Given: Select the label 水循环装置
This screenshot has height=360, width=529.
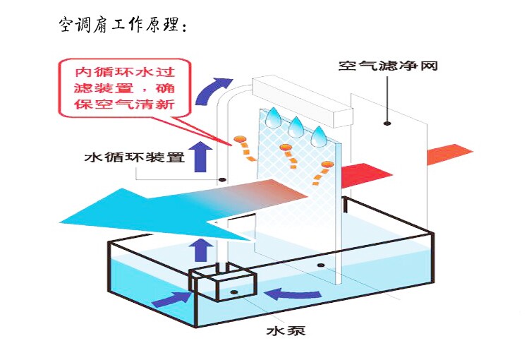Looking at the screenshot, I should (x=134, y=157).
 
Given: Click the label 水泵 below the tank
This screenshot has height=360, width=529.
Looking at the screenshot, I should (x=285, y=330).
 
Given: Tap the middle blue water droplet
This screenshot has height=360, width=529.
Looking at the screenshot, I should (x=296, y=126).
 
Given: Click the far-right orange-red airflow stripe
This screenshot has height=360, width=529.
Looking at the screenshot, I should (x=449, y=153).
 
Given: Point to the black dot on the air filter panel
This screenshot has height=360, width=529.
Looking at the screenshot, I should (x=387, y=124).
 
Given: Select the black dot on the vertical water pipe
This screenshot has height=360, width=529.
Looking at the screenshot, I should (x=222, y=180).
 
